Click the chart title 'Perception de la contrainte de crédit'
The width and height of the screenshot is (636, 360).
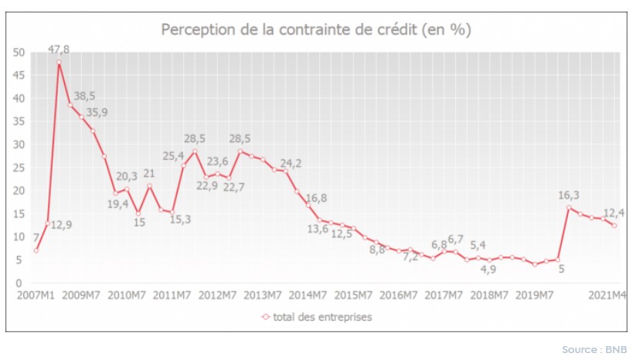click(316, 30)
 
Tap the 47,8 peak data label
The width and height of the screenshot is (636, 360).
click(59, 49)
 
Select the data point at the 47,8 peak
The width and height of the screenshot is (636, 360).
click(59, 62)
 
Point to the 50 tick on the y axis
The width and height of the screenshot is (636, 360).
click(20, 53)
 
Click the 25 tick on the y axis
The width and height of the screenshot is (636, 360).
click(20, 168)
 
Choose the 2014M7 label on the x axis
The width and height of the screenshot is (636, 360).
click(308, 295)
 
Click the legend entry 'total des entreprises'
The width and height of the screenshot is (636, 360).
click(316, 317)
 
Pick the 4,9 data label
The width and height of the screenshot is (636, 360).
click(488, 270)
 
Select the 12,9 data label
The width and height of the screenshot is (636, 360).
click(62, 225)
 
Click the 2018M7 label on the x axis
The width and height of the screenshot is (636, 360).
click(490, 295)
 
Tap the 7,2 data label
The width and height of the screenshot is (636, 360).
click(409, 256)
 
